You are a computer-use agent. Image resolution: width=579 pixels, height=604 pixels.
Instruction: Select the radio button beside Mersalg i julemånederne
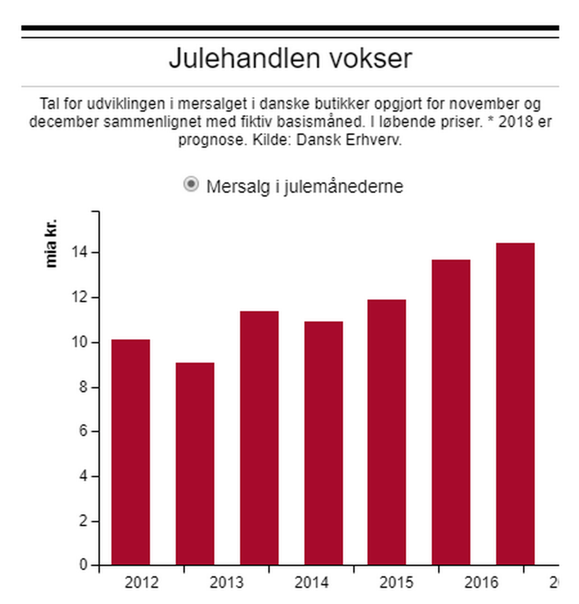(191, 185)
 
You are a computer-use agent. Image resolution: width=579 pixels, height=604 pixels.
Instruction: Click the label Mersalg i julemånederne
(305, 186)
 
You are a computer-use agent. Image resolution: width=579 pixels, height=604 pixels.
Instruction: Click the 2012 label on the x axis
(142, 583)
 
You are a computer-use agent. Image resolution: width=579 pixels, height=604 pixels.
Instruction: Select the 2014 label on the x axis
(312, 583)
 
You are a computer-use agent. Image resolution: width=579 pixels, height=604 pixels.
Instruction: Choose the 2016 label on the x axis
(481, 583)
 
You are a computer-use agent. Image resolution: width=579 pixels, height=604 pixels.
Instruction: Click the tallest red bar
(515, 404)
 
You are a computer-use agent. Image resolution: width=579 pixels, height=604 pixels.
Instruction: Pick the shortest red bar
(195, 464)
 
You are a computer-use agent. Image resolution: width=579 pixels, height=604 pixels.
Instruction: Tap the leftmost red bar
(131, 453)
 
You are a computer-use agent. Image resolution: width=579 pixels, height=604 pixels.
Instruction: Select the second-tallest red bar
(451, 413)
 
